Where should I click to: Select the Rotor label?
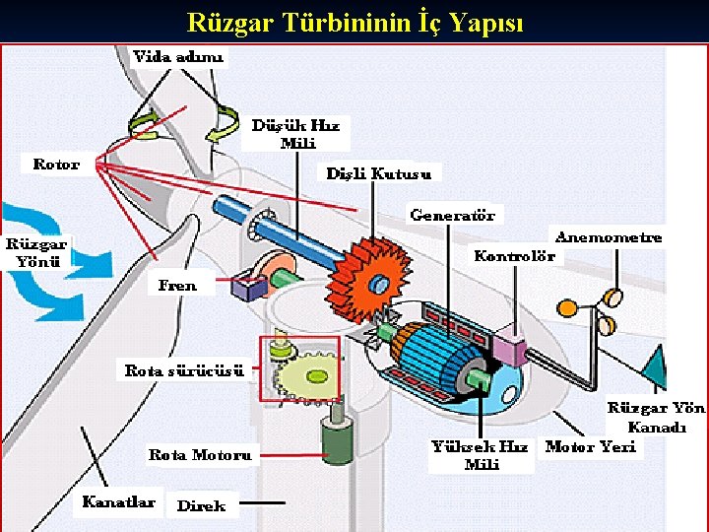coord(56,164)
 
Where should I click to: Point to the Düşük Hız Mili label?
coord(295,134)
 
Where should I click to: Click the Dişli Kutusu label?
coord(379,173)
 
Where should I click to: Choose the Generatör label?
coord(452,214)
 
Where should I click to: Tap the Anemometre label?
coord(609,236)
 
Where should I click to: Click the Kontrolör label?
coord(514,256)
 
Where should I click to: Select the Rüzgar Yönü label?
coord(37,252)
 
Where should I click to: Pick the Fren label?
coord(177,286)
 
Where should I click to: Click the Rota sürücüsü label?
coord(184,370)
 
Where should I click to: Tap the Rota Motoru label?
coord(200,454)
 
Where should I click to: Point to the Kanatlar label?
coord(118,501)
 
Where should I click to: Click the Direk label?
coord(201,505)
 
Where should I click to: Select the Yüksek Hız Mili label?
coord(480,455)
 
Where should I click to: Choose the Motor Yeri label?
coord(591,446)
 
